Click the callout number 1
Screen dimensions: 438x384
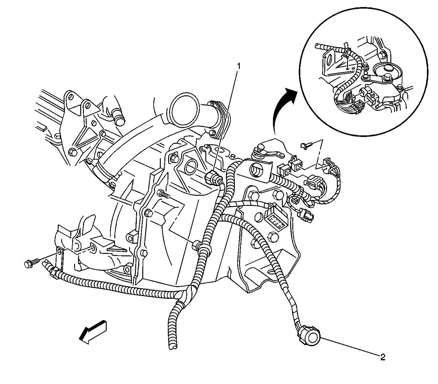coord(238,66)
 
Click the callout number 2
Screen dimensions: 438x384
coord(383,357)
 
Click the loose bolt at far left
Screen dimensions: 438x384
coord(31,264)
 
